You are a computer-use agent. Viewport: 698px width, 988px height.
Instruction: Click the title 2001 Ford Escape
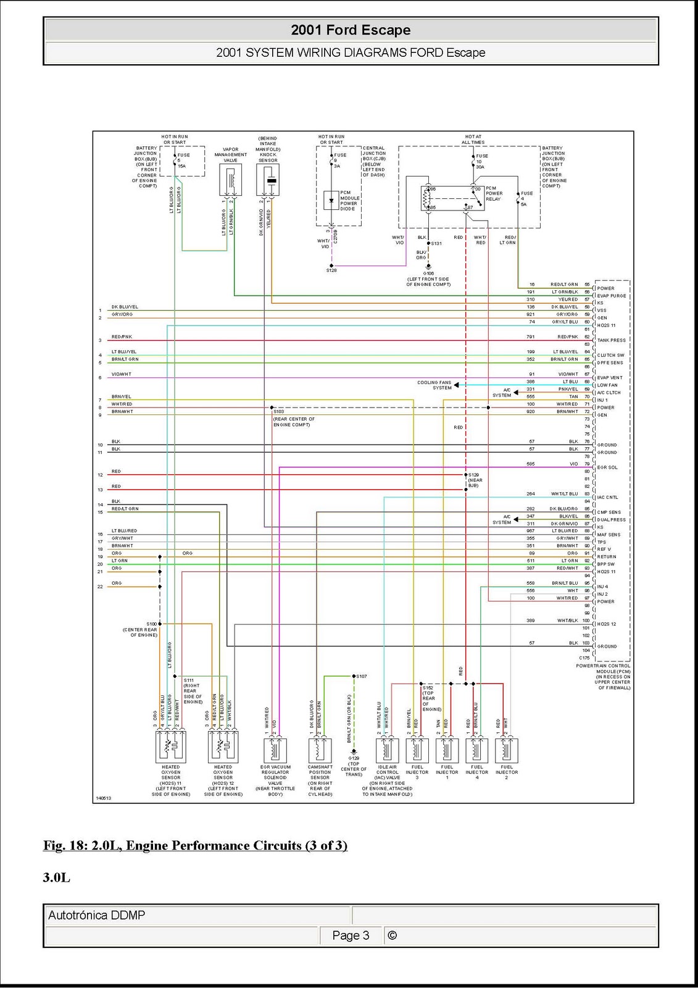tap(351, 30)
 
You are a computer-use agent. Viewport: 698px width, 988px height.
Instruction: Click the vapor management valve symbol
tap(231, 180)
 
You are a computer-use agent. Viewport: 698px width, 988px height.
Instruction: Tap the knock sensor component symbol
tap(268, 180)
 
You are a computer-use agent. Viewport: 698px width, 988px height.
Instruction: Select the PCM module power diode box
tap(331, 201)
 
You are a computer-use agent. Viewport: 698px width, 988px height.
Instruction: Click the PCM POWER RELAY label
tap(494, 193)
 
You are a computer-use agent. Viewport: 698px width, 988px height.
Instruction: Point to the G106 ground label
tap(428, 274)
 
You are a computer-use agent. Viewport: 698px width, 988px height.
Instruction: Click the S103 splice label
tap(279, 411)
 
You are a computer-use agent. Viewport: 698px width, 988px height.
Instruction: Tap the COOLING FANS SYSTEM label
tap(434, 385)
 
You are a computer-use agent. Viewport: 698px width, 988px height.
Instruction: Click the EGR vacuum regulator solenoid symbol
tap(275, 750)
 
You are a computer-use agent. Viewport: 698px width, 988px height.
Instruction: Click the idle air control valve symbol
tap(387, 750)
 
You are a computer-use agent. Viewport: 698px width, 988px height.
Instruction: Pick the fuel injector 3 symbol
tap(417, 750)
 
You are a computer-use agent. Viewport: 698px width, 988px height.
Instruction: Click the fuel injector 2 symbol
tap(506, 750)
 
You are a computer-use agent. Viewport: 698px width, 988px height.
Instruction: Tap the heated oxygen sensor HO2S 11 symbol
tap(170, 747)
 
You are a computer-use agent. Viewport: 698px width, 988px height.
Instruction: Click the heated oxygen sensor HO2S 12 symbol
tap(223, 747)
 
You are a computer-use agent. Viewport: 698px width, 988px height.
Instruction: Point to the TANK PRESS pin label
tap(611, 340)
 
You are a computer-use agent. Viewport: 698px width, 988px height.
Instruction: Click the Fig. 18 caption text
tap(195, 845)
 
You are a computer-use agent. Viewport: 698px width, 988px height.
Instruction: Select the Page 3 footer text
tap(351, 936)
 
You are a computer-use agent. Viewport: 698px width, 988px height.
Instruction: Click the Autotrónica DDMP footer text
tap(97, 915)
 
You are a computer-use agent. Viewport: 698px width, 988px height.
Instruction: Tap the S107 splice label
tap(362, 676)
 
